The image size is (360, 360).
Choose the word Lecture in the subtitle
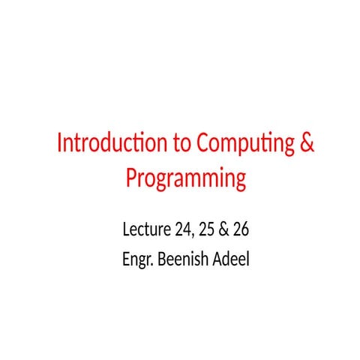[x=144, y=229]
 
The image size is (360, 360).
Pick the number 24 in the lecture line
[x=180, y=229]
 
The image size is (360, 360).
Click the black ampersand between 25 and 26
[x=223, y=229]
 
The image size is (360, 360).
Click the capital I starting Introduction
[x=61, y=143]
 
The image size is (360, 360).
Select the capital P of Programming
[x=130, y=178]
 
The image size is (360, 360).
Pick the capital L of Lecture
[x=124, y=229]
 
